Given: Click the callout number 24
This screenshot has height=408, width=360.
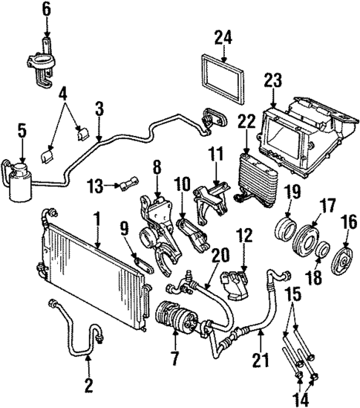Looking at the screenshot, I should pos(223,36).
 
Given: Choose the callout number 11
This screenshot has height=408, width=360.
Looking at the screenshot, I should pos(215,155).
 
